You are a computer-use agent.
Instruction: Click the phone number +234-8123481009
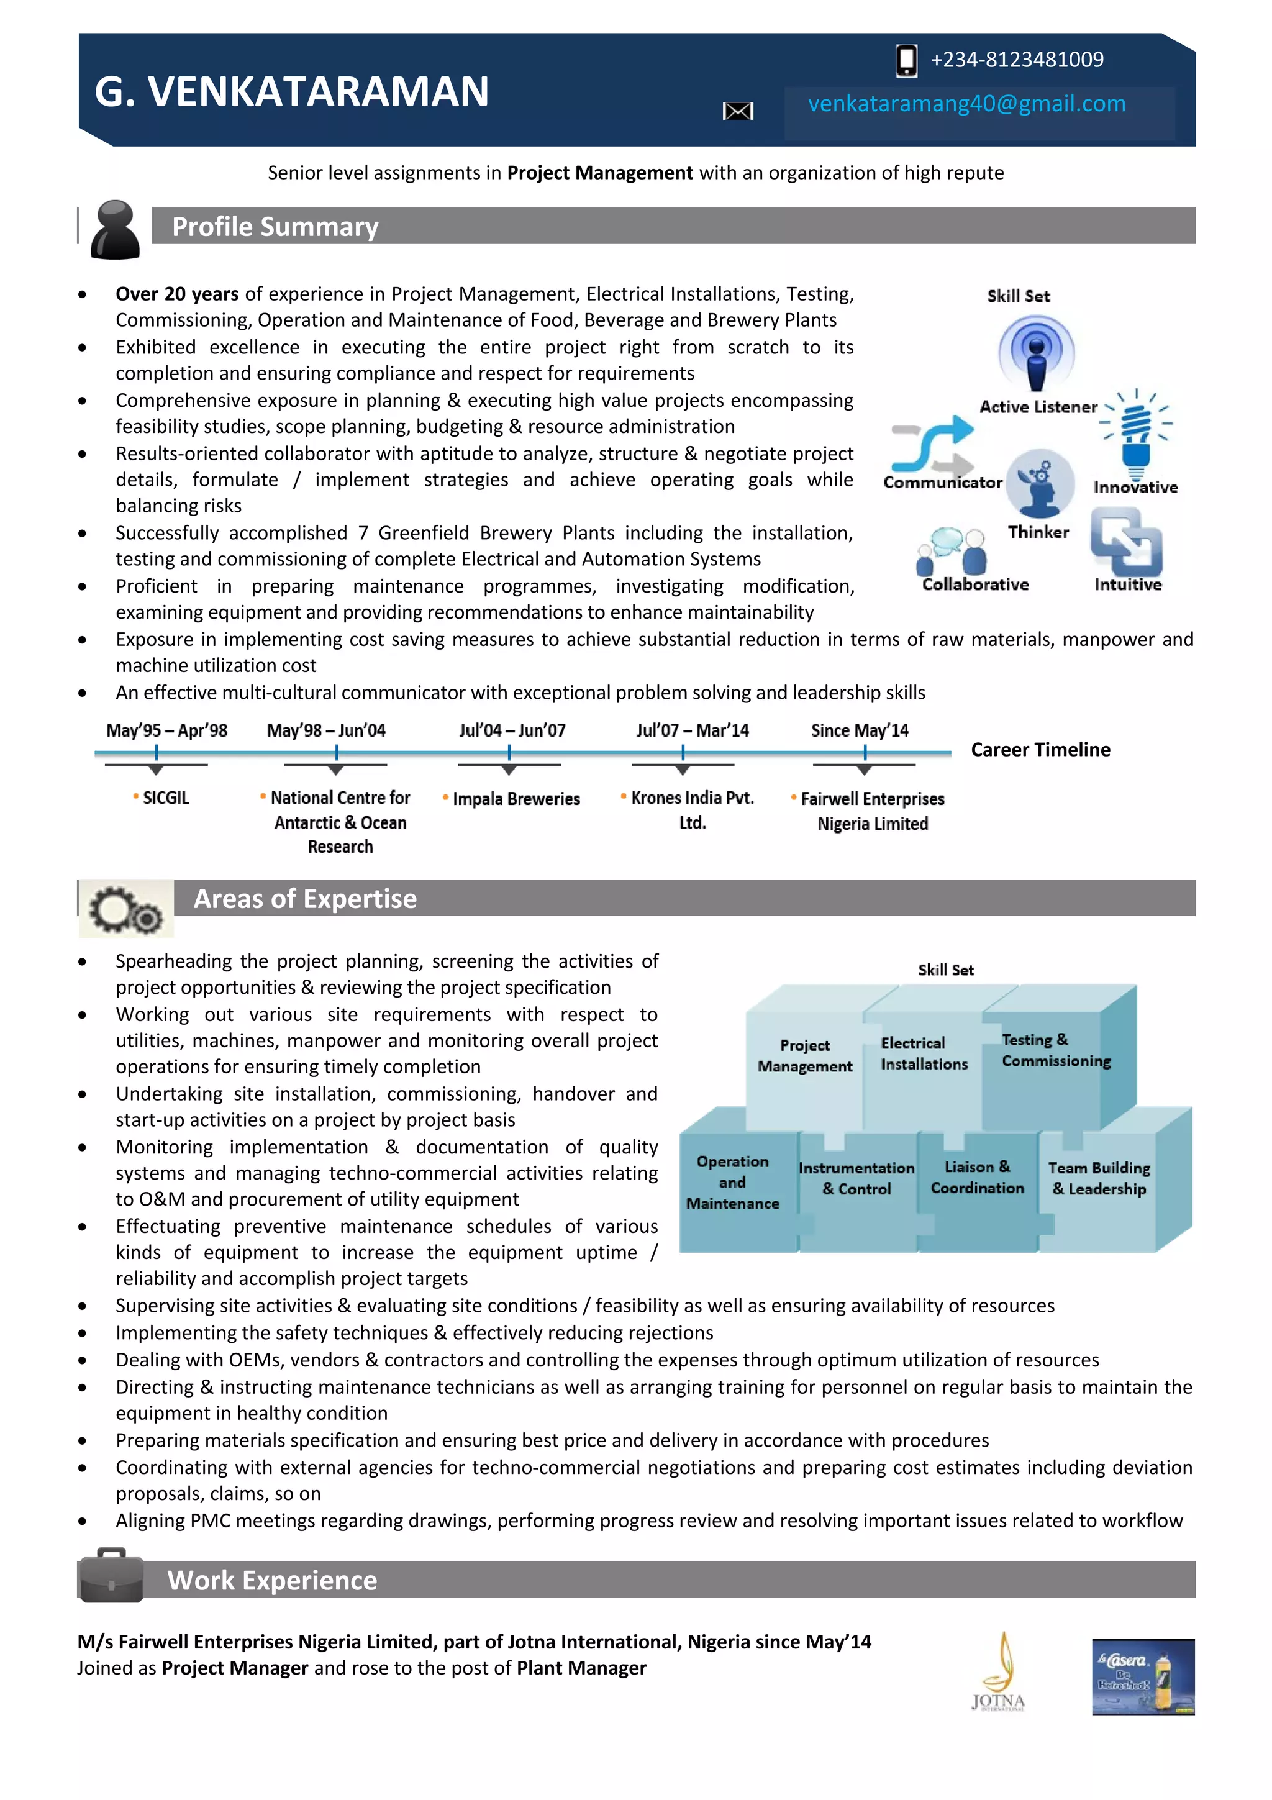coord(1017,60)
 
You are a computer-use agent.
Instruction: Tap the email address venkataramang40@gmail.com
coord(966,104)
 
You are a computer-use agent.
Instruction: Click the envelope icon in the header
coord(737,111)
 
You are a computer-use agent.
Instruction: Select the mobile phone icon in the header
coord(906,60)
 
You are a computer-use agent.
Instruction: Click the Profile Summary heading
coord(275,227)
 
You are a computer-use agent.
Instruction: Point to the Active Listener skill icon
coord(1036,353)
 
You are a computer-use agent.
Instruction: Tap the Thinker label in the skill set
coord(1038,532)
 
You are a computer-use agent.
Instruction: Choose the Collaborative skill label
coord(975,585)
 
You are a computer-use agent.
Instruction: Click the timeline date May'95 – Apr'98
coord(167,730)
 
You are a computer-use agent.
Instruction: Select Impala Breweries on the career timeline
coord(516,799)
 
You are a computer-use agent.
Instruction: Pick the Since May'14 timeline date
coord(860,730)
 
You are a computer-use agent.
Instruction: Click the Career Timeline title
coord(1040,750)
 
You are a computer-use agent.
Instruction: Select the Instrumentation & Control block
coord(856,1178)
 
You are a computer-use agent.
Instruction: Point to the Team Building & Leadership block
coord(1099,1178)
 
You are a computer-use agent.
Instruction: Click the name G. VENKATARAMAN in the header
coord(291,92)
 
